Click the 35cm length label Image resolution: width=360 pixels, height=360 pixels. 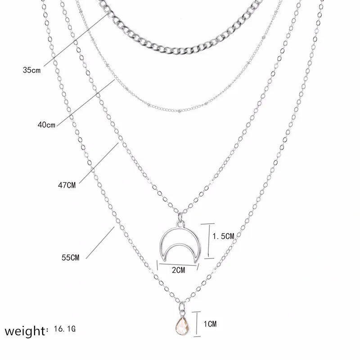point(32,70)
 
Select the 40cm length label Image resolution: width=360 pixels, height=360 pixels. point(46,125)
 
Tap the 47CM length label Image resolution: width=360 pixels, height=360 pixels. point(67,185)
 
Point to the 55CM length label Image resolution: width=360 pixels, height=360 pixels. point(70,257)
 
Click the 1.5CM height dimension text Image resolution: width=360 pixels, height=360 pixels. point(224,236)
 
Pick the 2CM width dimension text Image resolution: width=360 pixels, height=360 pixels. point(178,270)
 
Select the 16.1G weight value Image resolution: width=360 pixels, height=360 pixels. point(64,330)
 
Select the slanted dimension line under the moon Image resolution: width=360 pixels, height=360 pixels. point(178,263)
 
